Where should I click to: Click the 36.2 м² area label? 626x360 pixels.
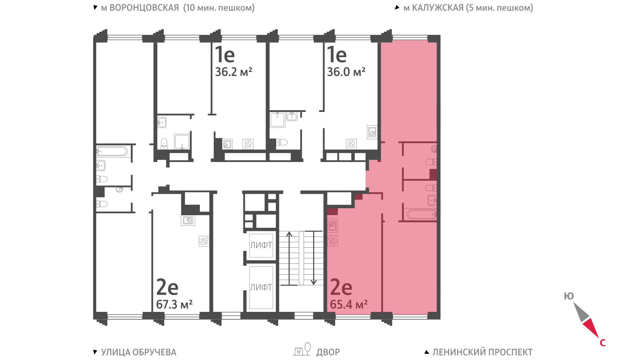[234, 72]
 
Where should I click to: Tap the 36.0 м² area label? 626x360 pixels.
[346, 72]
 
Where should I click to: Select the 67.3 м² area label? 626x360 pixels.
[174, 304]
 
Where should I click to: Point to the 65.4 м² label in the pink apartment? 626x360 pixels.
[349, 304]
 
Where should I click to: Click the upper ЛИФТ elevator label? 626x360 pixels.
[261, 245]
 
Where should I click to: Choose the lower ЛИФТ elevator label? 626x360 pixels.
[261, 287]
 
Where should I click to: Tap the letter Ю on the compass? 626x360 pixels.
[569, 296]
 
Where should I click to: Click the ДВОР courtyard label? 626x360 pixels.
[328, 352]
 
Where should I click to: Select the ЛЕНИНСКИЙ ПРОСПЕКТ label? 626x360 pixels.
[482, 352]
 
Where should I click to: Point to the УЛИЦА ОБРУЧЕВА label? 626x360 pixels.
[139, 352]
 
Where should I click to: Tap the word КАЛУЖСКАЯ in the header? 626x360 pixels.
[438, 7]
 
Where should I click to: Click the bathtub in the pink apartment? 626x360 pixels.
[421, 215]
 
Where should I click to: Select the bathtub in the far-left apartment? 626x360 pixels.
[112, 151]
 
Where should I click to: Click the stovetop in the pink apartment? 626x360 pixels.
[333, 241]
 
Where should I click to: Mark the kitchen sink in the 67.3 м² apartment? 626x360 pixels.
[188, 221]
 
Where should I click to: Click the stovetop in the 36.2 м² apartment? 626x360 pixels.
[248, 144]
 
